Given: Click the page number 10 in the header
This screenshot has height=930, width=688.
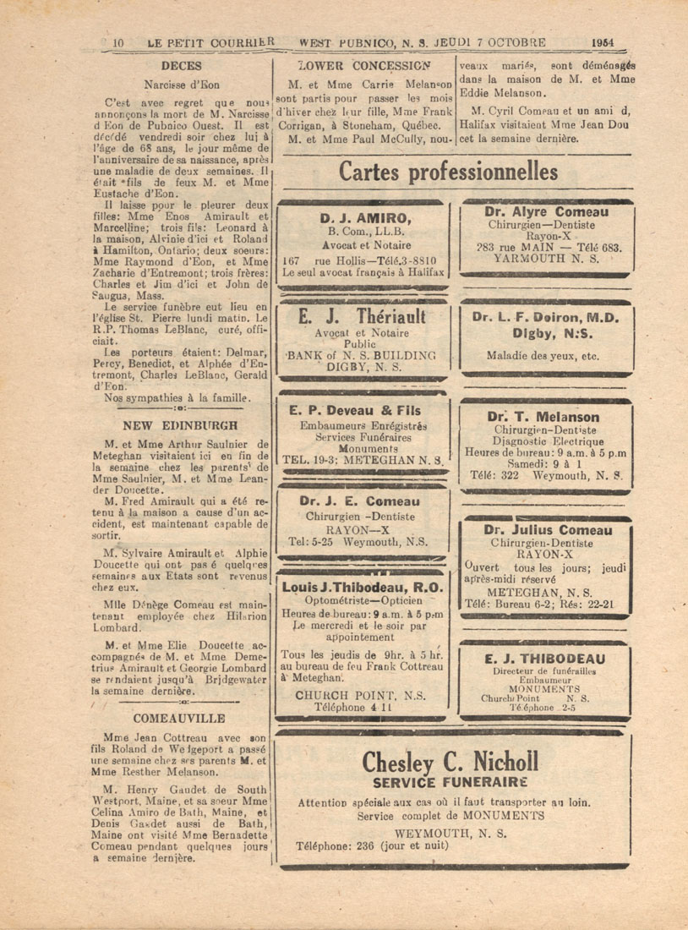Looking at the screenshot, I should (x=118, y=42).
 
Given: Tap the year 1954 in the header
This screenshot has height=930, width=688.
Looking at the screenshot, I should (x=603, y=42).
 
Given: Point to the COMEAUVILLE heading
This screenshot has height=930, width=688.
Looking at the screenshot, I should (x=180, y=718).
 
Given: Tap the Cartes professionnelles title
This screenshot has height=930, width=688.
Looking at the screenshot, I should (x=448, y=172).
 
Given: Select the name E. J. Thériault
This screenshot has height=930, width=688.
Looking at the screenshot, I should (x=362, y=317).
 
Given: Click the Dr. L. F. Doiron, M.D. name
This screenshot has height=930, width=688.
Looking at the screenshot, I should (x=546, y=318).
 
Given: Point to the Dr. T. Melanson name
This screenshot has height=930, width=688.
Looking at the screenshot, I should (x=543, y=417).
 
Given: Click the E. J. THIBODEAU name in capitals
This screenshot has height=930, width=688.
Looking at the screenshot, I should (x=545, y=659).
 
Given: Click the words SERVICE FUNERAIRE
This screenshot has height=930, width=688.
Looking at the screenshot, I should (x=450, y=782).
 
